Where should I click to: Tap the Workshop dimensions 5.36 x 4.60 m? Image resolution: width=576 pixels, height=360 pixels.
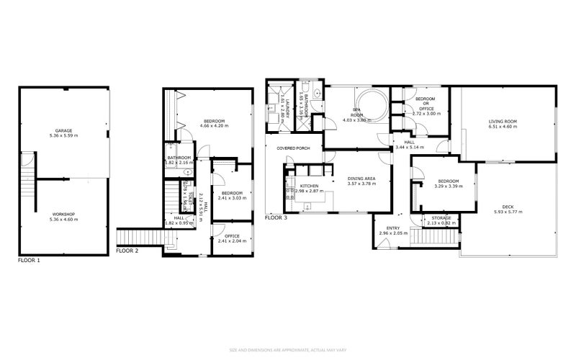(x=64, y=219)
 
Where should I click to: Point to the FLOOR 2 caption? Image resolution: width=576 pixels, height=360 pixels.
(x=127, y=251)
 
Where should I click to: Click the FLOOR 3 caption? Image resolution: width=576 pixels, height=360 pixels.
(x=276, y=217)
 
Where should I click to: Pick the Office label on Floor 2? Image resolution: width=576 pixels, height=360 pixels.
(x=232, y=235)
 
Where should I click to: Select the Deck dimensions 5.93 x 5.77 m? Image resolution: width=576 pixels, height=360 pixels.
(x=508, y=212)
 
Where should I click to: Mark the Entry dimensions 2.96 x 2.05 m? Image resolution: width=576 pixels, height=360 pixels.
(x=392, y=233)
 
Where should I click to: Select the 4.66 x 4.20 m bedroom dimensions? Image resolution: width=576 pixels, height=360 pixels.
(x=214, y=126)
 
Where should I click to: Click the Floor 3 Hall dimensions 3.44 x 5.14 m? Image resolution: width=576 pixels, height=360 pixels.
(x=410, y=148)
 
